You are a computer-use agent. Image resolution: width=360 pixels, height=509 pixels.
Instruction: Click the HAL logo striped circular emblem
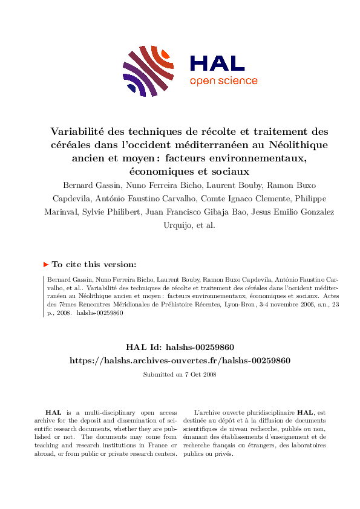point(145,71)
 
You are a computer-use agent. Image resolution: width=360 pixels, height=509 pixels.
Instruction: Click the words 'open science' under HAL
point(223,81)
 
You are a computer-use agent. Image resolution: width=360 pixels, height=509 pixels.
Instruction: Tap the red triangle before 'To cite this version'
point(45,264)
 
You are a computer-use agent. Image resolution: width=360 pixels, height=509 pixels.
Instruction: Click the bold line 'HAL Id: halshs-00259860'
point(180,347)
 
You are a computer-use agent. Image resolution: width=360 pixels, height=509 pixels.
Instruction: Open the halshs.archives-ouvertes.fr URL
point(180,360)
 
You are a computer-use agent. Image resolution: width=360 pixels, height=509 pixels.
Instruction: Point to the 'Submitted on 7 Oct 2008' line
point(180,374)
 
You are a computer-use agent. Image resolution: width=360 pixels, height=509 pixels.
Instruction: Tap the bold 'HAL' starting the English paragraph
point(53,412)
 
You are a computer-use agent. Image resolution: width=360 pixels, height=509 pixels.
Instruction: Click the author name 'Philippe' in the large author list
point(293,198)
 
